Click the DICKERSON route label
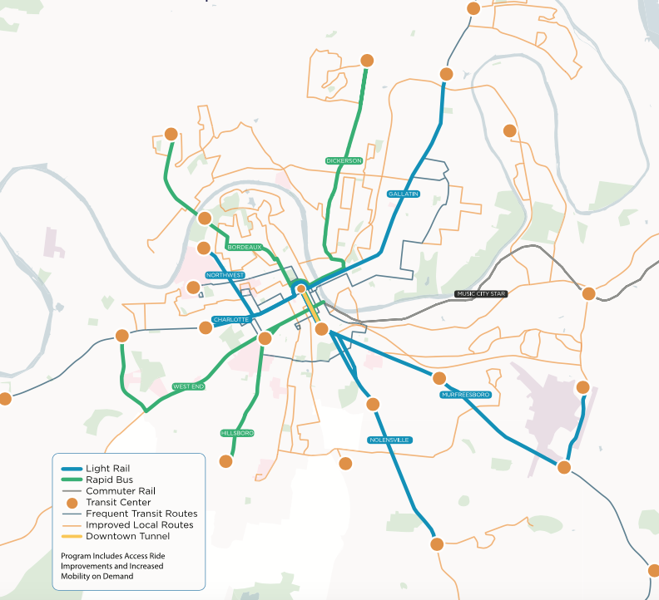click(344, 160)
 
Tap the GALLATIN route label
click(403, 194)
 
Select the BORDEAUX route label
click(245, 247)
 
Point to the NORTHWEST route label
click(225, 275)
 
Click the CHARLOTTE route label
click(230, 319)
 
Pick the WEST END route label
click(188, 386)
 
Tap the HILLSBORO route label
click(237, 433)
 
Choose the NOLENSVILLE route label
click(390, 439)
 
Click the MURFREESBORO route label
click(466, 394)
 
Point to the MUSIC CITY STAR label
click(481, 293)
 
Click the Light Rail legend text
click(107, 469)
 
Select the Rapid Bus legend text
click(107, 480)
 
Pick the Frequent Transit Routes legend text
click(141, 514)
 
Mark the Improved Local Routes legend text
click(139, 525)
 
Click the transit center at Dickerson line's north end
click(366, 61)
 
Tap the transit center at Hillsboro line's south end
click(225, 460)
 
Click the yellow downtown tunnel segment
click(311, 306)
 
